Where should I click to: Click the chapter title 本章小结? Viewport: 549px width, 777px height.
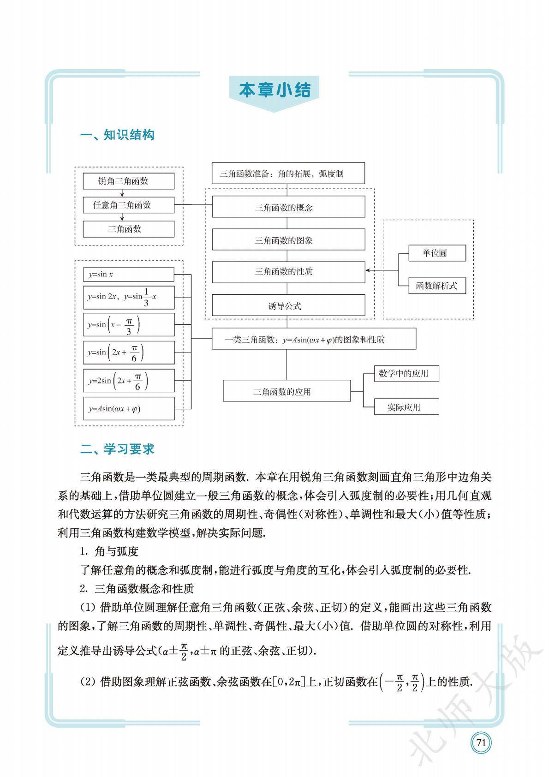(x=274, y=90)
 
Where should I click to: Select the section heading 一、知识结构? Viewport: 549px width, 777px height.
(x=117, y=135)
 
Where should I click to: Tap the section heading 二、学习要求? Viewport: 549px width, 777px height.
(x=117, y=449)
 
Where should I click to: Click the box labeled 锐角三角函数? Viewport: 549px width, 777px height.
(x=128, y=181)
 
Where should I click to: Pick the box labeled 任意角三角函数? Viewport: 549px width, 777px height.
(x=128, y=205)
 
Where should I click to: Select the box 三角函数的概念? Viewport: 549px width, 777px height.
(x=288, y=207)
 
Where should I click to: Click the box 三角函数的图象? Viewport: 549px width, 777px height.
(x=288, y=240)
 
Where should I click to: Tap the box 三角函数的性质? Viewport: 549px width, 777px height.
(x=288, y=271)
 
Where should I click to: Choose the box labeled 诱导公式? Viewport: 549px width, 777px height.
(x=288, y=305)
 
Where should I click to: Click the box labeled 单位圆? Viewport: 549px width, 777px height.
(x=436, y=253)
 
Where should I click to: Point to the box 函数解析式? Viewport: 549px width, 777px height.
(x=436, y=286)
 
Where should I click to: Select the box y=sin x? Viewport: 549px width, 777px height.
(x=128, y=274)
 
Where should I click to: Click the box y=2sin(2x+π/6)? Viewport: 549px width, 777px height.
(x=128, y=381)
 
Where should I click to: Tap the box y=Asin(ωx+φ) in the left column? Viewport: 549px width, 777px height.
(x=128, y=408)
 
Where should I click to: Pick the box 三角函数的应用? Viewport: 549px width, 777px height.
(x=286, y=391)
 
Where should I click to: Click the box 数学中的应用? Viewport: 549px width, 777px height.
(x=406, y=374)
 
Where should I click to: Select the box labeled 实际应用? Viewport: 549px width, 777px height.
(x=406, y=407)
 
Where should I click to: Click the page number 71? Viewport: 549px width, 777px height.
(x=481, y=742)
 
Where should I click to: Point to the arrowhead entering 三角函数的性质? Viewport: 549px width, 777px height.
(x=368, y=270)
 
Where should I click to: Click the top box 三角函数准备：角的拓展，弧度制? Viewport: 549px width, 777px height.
(x=288, y=173)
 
